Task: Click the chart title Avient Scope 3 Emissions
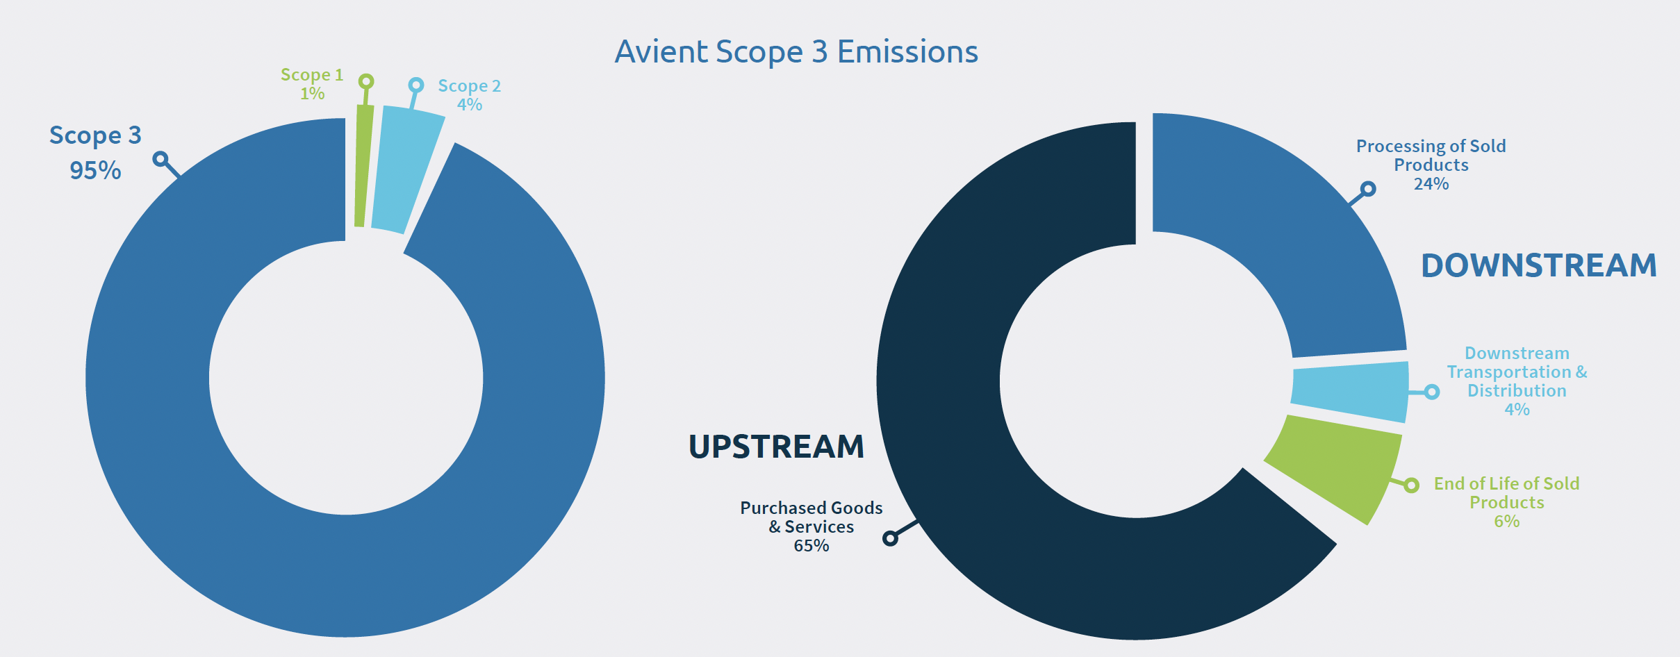coord(796,51)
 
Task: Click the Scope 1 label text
coord(312,74)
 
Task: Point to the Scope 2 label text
coord(469,86)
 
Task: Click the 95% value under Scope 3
coord(95,170)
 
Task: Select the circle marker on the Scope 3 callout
coord(160,159)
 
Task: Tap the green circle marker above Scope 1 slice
coord(366,82)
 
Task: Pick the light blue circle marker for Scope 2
coord(416,85)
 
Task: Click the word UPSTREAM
coord(776,446)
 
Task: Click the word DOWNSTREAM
coord(1539,265)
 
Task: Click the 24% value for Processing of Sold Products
coord(1431,184)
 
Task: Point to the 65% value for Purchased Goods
coord(812,546)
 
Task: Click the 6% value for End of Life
coord(1507,522)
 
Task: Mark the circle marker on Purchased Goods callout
coord(890,538)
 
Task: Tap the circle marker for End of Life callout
coord(1411,485)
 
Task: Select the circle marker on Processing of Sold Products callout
coord(1368,189)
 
